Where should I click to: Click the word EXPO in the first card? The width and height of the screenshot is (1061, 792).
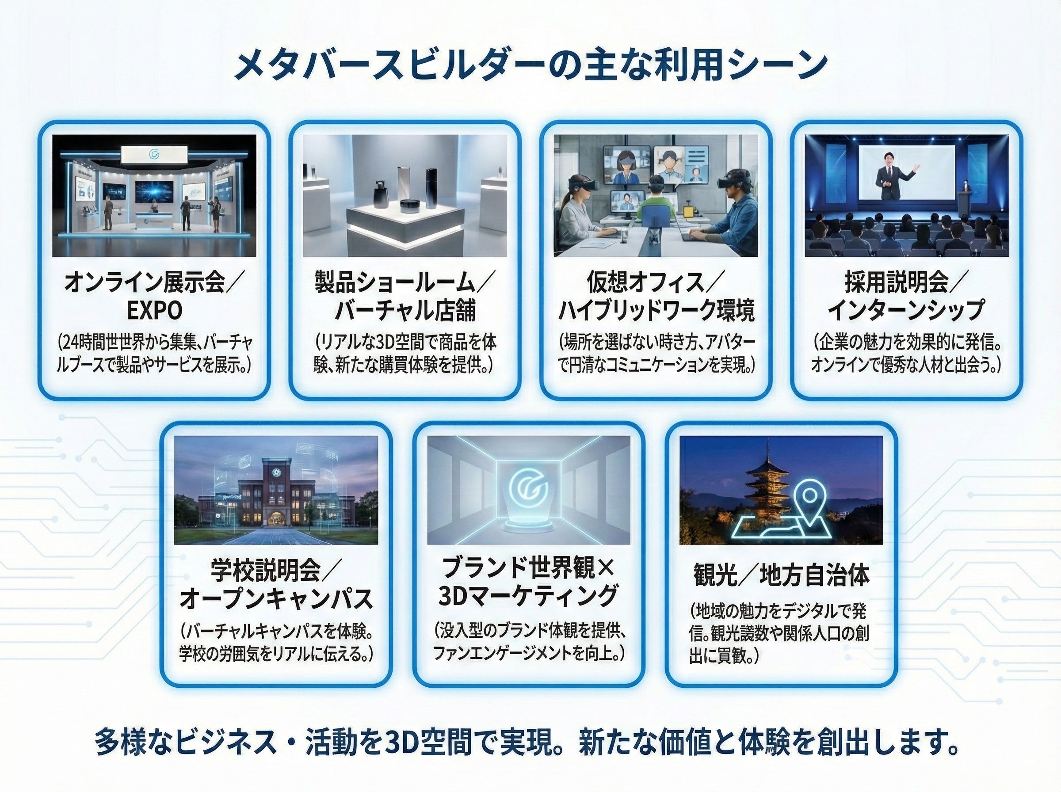[x=154, y=311]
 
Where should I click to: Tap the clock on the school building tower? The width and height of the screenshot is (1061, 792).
[x=276, y=472]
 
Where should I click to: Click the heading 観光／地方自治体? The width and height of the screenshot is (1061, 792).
[x=781, y=575]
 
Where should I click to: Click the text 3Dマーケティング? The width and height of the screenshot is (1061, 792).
[x=528, y=595]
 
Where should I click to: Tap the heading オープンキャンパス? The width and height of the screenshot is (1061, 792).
[x=276, y=598]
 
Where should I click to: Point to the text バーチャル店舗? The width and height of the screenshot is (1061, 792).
[x=405, y=311]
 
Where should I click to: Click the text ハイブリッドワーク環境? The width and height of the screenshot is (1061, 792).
[x=656, y=311]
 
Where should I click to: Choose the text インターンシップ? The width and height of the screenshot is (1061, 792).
[x=906, y=311]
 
